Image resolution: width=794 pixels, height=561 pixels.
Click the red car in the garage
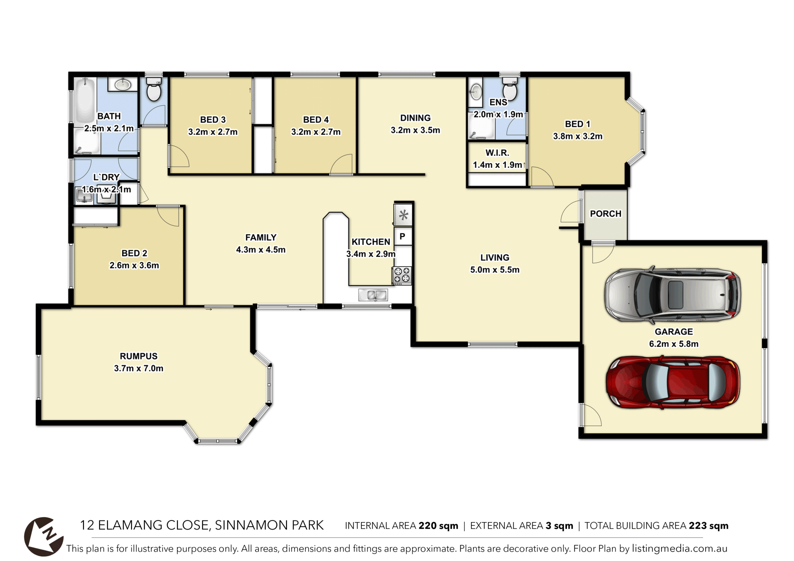point(673,382)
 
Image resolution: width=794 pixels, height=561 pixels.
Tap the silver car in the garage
point(673,294)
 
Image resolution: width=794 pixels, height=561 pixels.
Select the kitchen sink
point(373,295)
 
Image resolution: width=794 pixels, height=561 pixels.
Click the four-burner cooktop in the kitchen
point(402,276)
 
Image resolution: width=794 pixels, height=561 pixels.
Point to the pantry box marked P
point(403,236)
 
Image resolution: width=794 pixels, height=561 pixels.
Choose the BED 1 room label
point(578,124)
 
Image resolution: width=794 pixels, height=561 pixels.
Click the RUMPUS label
point(139,356)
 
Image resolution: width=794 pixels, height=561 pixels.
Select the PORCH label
point(606,214)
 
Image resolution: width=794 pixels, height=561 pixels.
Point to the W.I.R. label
point(497,153)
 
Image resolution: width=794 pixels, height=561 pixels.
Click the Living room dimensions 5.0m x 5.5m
point(495,270)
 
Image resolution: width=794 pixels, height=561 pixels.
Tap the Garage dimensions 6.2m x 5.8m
point(674,344)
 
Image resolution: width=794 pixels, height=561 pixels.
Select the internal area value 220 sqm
point(438,525)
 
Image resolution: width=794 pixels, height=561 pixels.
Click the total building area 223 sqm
point(708,525)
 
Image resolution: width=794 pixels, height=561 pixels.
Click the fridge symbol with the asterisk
point(403,215)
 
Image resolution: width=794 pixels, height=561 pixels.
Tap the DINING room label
point(415,118)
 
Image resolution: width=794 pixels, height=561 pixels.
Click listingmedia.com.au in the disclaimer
point(679,549)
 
